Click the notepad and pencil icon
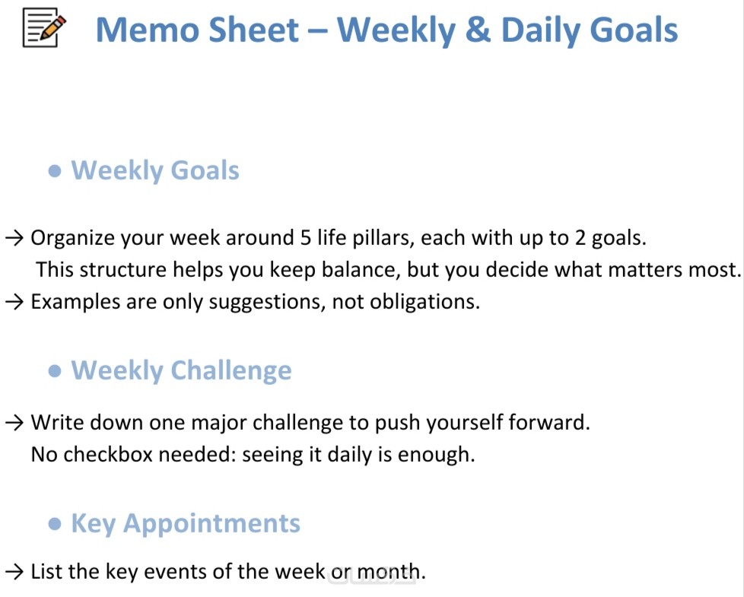(44, 28)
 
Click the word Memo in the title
(147, 30)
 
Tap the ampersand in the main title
(478, 30)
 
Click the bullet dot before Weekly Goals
(55, 170)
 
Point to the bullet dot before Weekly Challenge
(55, 371)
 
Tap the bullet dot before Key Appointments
(55, 523)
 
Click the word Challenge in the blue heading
(231, 371)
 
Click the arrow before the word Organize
(14, 238)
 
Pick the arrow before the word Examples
(14, 302)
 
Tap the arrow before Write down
(14, 423)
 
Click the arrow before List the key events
(14, 572)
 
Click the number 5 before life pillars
(306, 238)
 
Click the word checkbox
(107, 454)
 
